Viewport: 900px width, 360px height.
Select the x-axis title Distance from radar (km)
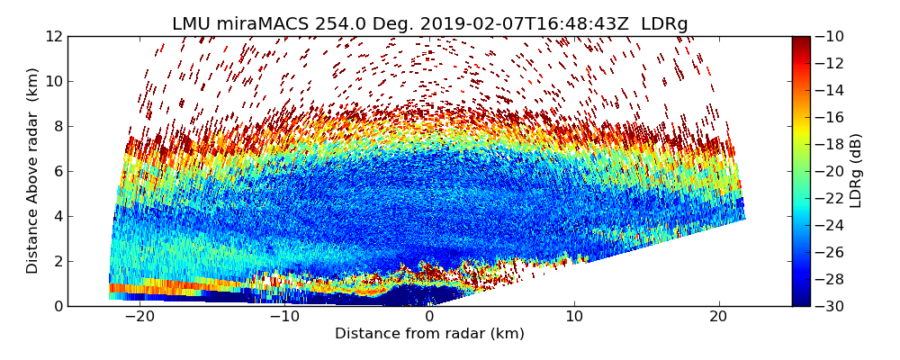tap(429, 334)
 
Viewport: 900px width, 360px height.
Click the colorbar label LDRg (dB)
tap(856, 171)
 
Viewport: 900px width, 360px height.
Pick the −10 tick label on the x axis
tap(282, 317)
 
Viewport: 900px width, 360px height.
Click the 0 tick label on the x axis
tap(429, 317)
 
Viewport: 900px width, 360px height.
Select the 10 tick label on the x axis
tap(574, 317)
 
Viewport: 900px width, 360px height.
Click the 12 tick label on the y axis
tap(53, 36)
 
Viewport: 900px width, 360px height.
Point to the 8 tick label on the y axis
tap(57, 126)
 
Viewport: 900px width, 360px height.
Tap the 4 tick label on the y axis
tap(57, 216)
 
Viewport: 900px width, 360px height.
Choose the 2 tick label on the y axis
tap(57, 261)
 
